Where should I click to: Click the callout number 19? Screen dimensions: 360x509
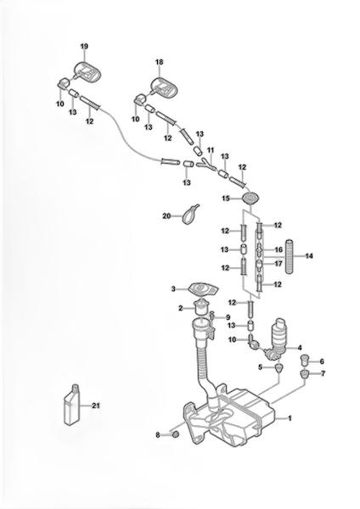coord(84,47)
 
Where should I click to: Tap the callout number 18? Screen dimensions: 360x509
coord(160,62)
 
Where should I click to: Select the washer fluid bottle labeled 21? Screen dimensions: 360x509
coord(72,404)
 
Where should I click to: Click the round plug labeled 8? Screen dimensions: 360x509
coord(175,434)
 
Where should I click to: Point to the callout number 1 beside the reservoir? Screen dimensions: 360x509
coord(290,418)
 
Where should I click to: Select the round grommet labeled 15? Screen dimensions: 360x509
coord(251,198)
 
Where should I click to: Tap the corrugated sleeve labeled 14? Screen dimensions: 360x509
coord(290,256)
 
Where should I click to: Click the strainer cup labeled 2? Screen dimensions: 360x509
coord(200,308)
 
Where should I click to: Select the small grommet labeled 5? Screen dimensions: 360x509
coord(278,368)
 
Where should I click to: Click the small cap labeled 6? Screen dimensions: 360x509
coord(304,360)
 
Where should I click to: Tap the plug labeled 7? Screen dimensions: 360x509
coord(304,373)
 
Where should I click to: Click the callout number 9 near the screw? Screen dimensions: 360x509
coord(228,317)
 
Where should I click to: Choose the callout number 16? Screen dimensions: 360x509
coord(278,249)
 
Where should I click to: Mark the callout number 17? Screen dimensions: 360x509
coord(278,264)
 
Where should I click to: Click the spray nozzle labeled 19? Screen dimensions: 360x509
coord(86,71)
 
